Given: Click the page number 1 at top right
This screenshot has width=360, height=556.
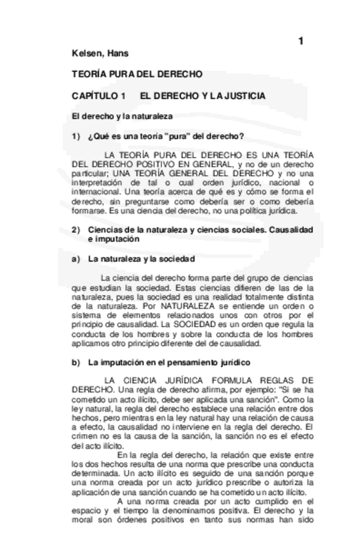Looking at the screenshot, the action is coord(301,41).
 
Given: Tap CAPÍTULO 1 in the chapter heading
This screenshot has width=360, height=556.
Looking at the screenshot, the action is coord(99,96).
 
